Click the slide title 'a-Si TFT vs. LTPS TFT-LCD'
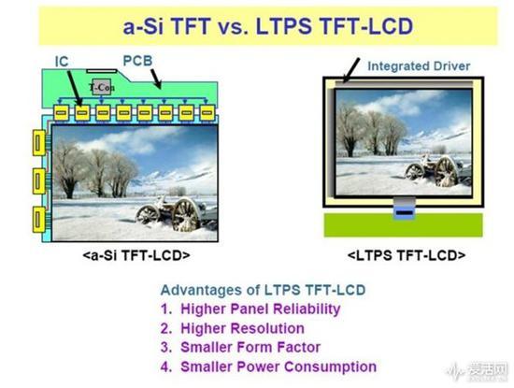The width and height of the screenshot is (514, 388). click(x=268, y=26)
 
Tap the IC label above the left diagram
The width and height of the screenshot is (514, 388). click(x=62, y=62)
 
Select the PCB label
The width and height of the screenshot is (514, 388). click(x=137, y=61)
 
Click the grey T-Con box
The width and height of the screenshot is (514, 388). click(x=101, y=87)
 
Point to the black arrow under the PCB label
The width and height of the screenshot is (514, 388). click(x=156, y=79)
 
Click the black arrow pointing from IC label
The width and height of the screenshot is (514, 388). click(x=75, y=88)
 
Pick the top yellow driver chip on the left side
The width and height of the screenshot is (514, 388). click(x=39, y=143)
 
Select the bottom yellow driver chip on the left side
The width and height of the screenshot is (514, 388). click(x=39, y=220)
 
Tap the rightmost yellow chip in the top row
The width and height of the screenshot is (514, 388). click(x=207, y=113)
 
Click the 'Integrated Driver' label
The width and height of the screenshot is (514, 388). click(x=419, y=66)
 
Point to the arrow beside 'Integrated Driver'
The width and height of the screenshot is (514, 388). click(x=351, y=70)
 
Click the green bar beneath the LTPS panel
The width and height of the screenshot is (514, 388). click(x=403, y=224)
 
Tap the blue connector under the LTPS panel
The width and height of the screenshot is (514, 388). click(x=405, y=213)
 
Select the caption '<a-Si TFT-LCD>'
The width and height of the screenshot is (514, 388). click(x=136, y=255)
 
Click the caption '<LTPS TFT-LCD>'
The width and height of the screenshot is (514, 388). click(x=407, y=255)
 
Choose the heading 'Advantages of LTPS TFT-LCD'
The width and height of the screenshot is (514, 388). click(x=263, y=290)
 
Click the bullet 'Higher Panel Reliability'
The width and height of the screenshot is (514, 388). click(x=261, y=309)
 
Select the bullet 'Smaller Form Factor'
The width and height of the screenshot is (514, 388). click(x=250, y=348)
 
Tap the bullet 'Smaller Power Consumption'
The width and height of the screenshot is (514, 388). click(x=278, y=366)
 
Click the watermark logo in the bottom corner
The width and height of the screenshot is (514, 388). click(x=478, y=371)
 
